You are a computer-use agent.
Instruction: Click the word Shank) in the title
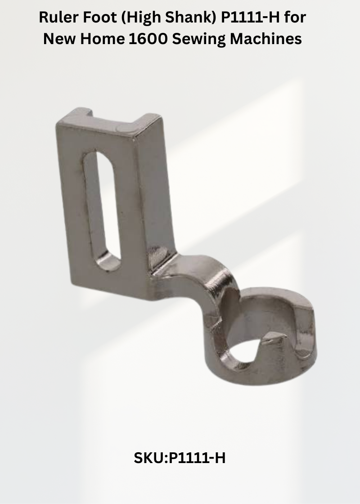[x=191, y=18]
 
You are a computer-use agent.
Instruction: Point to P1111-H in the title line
[x=250, y=17]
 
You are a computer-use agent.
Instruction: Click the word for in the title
[x=295, y=17]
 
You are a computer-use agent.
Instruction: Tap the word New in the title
[x=59, y=39]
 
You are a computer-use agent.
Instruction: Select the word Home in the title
[x=103, y=39]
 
